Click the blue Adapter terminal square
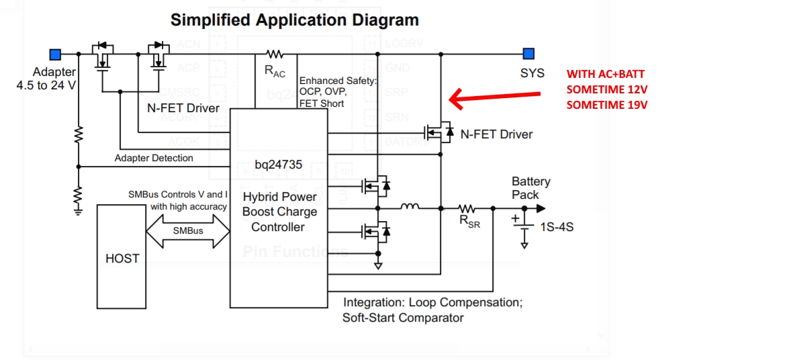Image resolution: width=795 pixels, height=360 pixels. [56, 54]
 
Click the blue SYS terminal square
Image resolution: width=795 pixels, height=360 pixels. [529, 54]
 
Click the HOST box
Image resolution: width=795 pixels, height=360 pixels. [122, 255]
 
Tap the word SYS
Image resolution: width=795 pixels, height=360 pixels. [532, 73]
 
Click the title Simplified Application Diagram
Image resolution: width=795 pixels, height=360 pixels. [295, 20]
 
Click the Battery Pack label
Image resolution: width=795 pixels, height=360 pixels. [530, 188]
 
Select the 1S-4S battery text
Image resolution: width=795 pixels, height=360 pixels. [557, 227]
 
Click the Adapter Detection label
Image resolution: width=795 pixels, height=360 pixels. [154, 159]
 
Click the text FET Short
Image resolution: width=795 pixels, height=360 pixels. [322, 103]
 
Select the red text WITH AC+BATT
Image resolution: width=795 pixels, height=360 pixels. [606, 74]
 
